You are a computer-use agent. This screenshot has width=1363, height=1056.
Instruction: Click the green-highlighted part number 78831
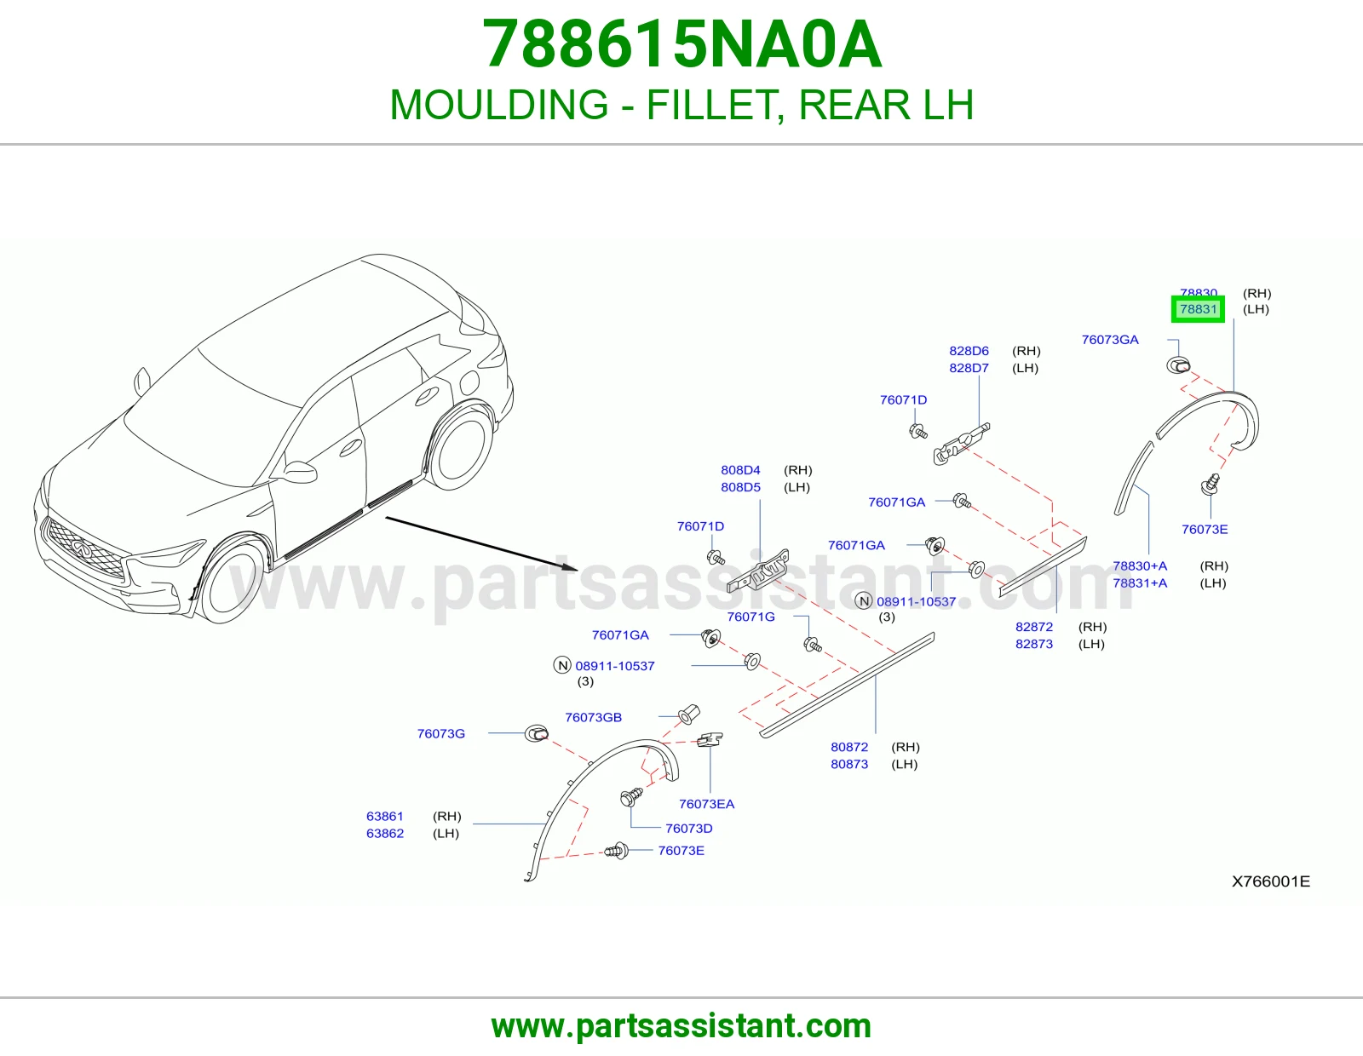1198,309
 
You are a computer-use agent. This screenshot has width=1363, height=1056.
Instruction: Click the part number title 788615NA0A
681,44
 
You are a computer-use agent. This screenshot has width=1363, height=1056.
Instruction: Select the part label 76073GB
593,717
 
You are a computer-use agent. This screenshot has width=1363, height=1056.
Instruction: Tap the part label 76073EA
706,804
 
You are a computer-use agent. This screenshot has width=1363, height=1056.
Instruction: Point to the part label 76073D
688,829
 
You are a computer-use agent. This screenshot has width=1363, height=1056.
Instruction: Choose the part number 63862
384,834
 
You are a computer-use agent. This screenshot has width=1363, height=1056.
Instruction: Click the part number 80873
849,765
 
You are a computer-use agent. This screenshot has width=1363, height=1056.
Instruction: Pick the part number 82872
1033,627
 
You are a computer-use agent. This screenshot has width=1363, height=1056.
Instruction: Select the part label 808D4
740,470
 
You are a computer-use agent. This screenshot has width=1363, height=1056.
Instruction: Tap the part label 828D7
969,368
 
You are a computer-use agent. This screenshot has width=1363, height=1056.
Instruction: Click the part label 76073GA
1110,340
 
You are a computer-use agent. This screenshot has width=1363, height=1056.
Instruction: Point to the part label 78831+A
1140,583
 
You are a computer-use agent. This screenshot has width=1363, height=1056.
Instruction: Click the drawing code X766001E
1271,881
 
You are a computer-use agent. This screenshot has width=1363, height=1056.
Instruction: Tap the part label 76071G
751,617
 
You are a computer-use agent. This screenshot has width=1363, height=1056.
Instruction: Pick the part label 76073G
441,734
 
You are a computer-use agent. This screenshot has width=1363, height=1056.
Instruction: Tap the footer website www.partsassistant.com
681,1026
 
